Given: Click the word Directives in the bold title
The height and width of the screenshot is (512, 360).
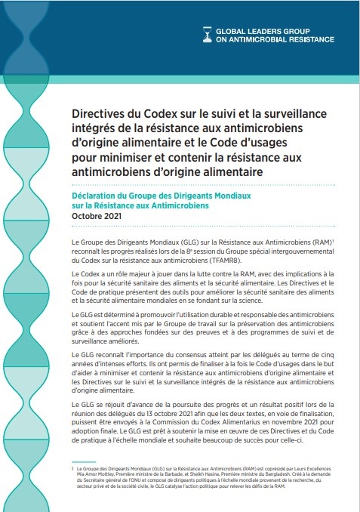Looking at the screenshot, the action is click(103, 113).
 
